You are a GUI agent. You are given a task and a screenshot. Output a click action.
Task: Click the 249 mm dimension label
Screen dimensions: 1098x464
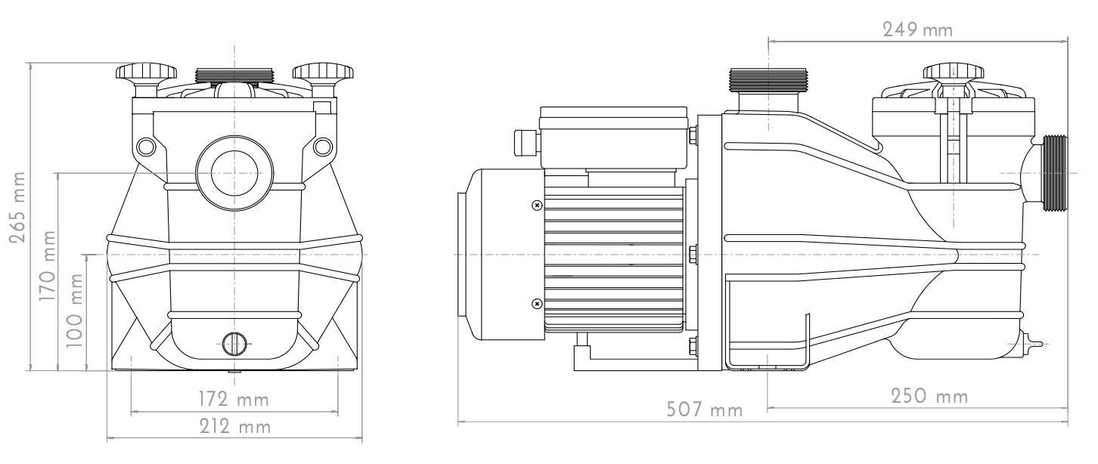pos(917,30)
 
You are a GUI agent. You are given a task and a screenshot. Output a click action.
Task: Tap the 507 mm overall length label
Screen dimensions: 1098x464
pos(704,410)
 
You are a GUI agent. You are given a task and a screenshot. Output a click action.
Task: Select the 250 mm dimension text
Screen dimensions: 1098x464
pos(929,396)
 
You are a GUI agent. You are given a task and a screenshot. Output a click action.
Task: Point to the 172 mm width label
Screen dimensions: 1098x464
pos(234,399)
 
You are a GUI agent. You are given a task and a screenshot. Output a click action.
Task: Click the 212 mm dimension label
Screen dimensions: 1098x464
pos(234,427)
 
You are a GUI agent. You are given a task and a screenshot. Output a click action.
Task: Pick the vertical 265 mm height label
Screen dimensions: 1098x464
pos(18,207)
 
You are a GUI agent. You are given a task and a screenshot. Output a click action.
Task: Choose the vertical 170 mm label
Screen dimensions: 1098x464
pos(47,266)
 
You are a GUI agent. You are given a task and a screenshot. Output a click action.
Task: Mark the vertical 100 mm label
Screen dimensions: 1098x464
pos(74,311)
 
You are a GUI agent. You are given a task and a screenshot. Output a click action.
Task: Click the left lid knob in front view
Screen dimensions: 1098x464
pos(146,79)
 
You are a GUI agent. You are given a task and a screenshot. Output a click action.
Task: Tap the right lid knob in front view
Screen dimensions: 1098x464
pos(323,79)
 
